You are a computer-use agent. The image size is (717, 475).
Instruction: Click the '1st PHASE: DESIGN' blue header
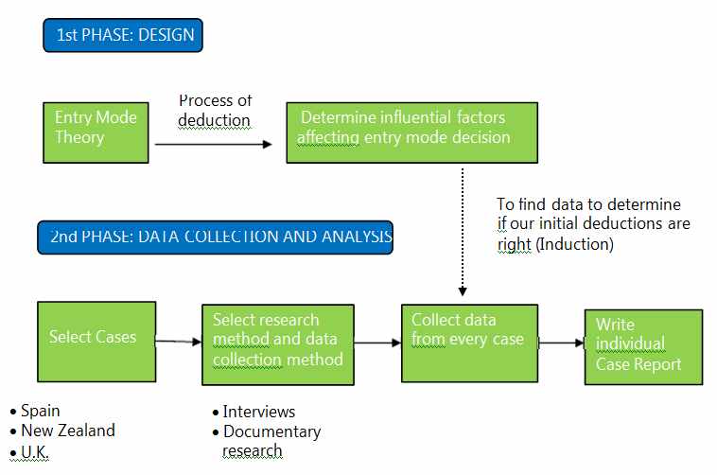coord(124,35)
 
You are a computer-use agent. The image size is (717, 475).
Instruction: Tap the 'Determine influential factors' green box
coord(411,132)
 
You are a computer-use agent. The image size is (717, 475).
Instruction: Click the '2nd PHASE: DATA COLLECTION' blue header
coord(214,237)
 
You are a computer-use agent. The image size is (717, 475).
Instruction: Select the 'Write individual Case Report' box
coord(643,346)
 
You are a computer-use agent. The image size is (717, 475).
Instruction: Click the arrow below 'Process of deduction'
coord(213,145)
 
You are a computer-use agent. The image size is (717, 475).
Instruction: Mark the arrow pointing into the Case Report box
coord(562,343)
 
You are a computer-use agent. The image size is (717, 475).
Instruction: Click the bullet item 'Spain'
coord(40,411)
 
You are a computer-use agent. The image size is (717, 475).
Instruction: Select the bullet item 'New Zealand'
coord(67,431)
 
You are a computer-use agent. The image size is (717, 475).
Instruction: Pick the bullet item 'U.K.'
coord(34,451)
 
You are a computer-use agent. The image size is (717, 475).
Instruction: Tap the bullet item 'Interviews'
coord(258,412)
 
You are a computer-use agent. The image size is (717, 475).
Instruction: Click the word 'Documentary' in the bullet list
coord(271,431)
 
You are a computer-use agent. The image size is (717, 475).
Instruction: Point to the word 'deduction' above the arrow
coord(214,120)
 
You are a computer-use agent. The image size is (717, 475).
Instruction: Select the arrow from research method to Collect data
coord(377,343)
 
